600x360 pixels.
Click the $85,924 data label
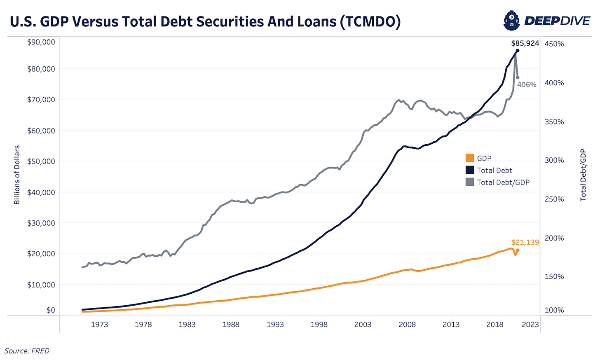525,43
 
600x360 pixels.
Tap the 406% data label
527,85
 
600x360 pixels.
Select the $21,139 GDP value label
525,242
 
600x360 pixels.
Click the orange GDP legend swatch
469,158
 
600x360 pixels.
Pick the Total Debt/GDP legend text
503,182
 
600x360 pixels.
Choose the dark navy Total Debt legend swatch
469,170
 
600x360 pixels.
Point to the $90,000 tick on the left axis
41,42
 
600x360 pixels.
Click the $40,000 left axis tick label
41,192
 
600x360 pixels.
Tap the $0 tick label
50,310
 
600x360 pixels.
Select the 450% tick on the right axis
554,44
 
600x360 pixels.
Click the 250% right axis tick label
554,199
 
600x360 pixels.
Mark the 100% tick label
554,310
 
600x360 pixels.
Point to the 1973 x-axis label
99,324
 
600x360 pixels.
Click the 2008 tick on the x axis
407,324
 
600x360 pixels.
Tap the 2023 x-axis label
530,324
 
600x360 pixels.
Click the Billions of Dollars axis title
17,175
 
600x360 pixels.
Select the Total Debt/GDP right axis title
583,175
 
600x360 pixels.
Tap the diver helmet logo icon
511,21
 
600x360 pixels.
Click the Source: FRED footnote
27,351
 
